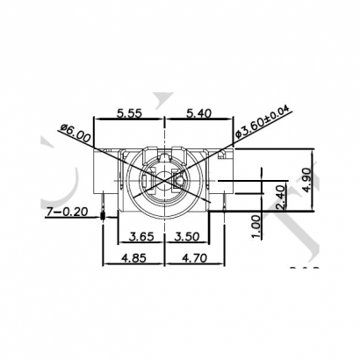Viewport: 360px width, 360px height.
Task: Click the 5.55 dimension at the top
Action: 131,113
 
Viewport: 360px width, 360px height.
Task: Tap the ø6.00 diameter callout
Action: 75,133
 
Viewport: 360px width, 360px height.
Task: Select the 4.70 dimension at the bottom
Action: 191,260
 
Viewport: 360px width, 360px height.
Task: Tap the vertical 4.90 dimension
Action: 306,178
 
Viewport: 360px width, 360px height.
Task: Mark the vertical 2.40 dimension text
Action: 279,197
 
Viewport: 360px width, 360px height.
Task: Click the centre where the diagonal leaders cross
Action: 165,182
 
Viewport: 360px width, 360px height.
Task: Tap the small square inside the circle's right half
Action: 180,183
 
